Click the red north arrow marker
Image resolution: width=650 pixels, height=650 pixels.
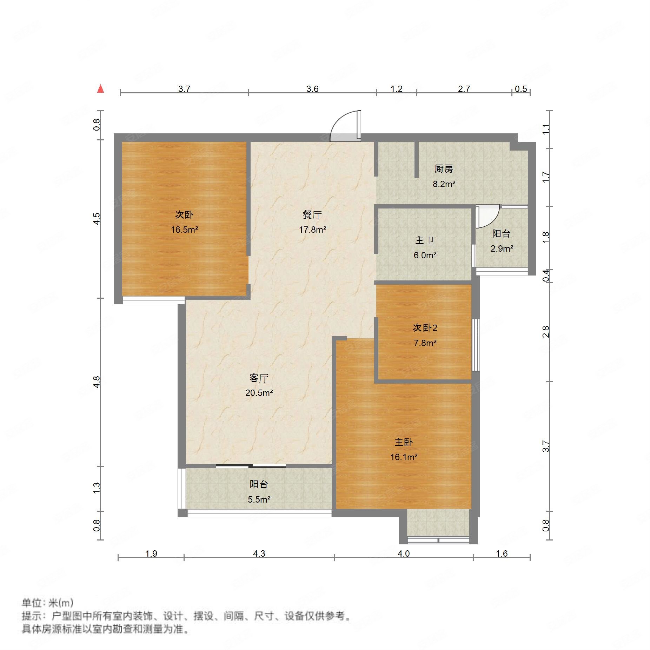tap(101, 88)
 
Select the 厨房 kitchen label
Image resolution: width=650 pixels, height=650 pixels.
tap(444, 169)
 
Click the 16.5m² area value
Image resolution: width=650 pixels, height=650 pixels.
tap(184, 230)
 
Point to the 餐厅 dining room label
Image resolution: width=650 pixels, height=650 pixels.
tap(312, 214)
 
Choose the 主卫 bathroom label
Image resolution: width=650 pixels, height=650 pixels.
tap(425, 240)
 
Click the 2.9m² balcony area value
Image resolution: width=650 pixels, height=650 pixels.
tap(502, 249)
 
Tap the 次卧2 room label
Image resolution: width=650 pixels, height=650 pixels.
tap(425, 328)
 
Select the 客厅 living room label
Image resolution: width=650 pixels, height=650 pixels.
tap(259, 378)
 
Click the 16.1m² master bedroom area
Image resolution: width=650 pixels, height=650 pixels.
tap(404, 457)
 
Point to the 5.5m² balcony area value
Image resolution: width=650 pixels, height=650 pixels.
tap(259, 499)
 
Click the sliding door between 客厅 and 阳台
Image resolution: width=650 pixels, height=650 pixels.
tap(251, 466)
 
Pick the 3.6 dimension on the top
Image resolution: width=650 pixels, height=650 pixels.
tap(312, 89)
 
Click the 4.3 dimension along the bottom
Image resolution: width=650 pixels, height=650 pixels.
tap(259, 553)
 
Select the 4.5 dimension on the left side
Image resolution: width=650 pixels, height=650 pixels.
tap(97, 219)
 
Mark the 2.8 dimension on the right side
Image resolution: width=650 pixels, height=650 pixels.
tap(545, 332)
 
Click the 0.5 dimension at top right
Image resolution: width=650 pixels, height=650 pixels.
tap(520, 89)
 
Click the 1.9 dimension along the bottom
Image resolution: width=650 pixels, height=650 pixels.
tap(151, 553)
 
